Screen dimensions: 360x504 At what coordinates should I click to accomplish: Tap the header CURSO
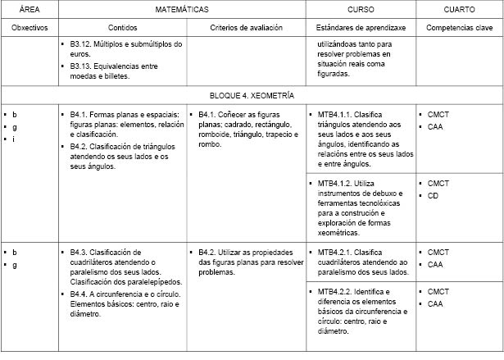point(360,11)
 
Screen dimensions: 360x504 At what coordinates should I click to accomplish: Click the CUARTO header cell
point(458,11)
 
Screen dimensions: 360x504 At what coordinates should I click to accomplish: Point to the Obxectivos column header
point(28,28)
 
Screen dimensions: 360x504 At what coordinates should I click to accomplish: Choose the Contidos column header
point(120,28)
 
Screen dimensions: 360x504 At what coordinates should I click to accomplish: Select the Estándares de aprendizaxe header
point(361,28)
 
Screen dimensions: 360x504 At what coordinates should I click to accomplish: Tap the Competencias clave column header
point(458,28)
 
